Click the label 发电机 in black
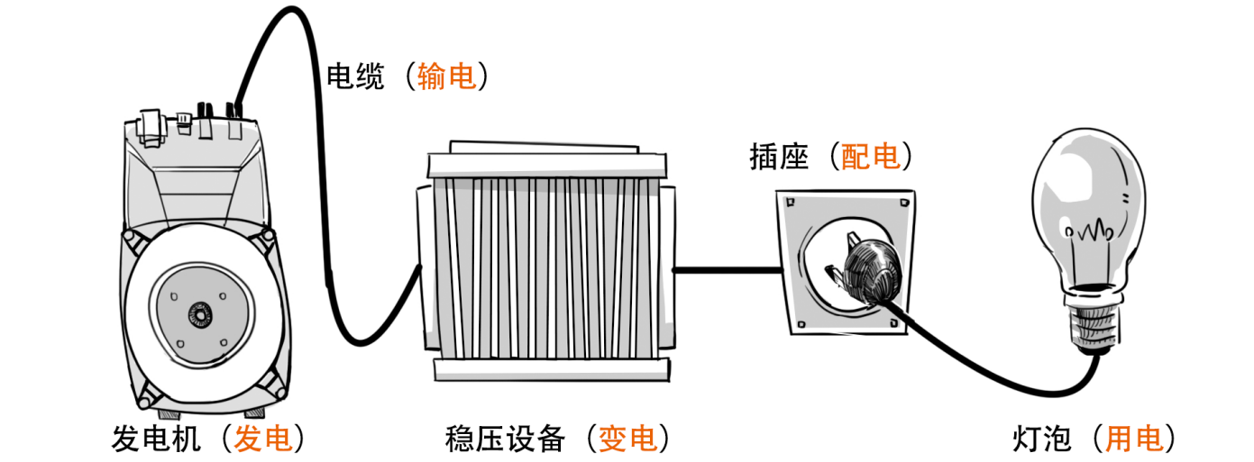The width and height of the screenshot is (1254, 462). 155,439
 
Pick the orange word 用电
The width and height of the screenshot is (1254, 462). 1134,439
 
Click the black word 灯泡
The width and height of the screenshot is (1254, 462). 1042,439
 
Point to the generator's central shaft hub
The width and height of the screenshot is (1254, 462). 197,314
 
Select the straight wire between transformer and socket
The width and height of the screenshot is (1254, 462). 726,268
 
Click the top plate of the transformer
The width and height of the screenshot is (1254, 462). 547,165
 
